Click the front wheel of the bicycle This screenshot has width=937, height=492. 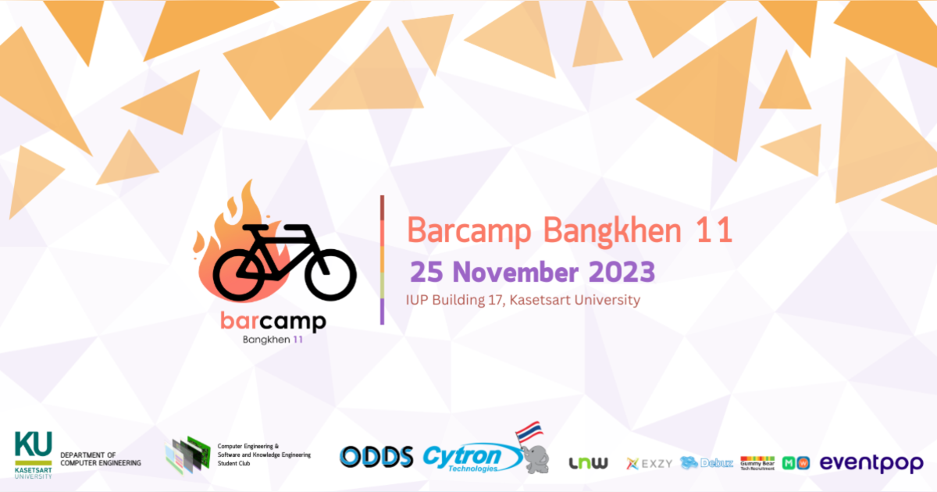click(330, 274)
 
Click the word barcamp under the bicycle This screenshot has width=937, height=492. click(273, 321)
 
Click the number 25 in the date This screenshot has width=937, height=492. click(427, 273)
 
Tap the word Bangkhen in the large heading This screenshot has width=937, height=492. click(615, 230)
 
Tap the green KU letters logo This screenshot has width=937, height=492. click(34, 445)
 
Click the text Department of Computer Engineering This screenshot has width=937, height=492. click(101, 459)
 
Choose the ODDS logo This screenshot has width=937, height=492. click(376, 457)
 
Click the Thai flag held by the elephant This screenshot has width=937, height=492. click(530, 432)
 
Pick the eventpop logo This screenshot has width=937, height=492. click(871, 462)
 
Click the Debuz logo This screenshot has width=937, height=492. click(707, 463)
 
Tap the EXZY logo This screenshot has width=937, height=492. click(650, 463)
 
